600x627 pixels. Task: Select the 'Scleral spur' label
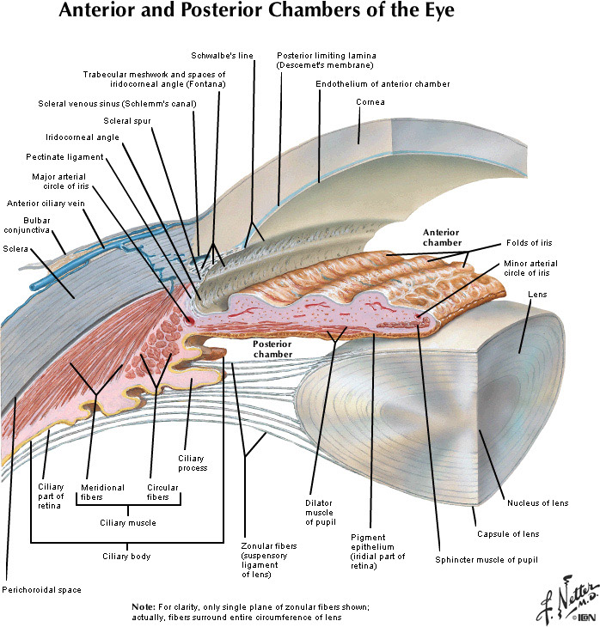(127, 121)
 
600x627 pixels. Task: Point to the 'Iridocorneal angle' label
(83, 137)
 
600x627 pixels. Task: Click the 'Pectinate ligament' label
(64, 157)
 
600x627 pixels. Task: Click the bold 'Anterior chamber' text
(441, 237)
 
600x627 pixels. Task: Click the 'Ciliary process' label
(192, 462)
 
